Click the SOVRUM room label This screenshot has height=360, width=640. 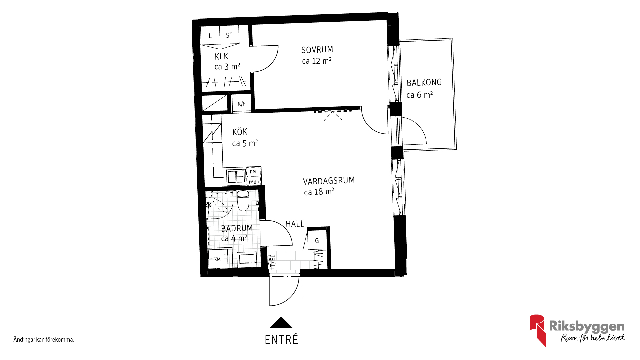[x=317, y=50]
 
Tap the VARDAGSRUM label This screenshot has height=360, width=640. [x=329, y=181]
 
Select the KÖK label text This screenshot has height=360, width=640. [x=240, y=132]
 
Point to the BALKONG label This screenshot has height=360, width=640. [x=424, y=82]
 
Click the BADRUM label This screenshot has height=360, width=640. [x=237, y=228]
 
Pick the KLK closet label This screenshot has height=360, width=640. [x=221, y=56]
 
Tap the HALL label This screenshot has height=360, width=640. [x=295, y=224]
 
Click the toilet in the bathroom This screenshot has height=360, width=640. [x=243, y=201]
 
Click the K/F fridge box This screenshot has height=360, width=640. [x=241, y=104]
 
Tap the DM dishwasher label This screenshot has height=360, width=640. [x=253, y=172]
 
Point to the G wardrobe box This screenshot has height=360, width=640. [x=317, y=240]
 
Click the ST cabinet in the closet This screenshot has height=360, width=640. [x=229, y=35]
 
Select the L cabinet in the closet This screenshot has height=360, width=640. [x=210, y=35]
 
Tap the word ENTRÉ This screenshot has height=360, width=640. [x=281, y=340]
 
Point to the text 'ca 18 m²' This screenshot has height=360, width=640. [x=319, y=192]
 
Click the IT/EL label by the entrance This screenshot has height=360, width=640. [x=273, y=262]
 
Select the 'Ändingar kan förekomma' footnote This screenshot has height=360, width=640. [x=44, y=340]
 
